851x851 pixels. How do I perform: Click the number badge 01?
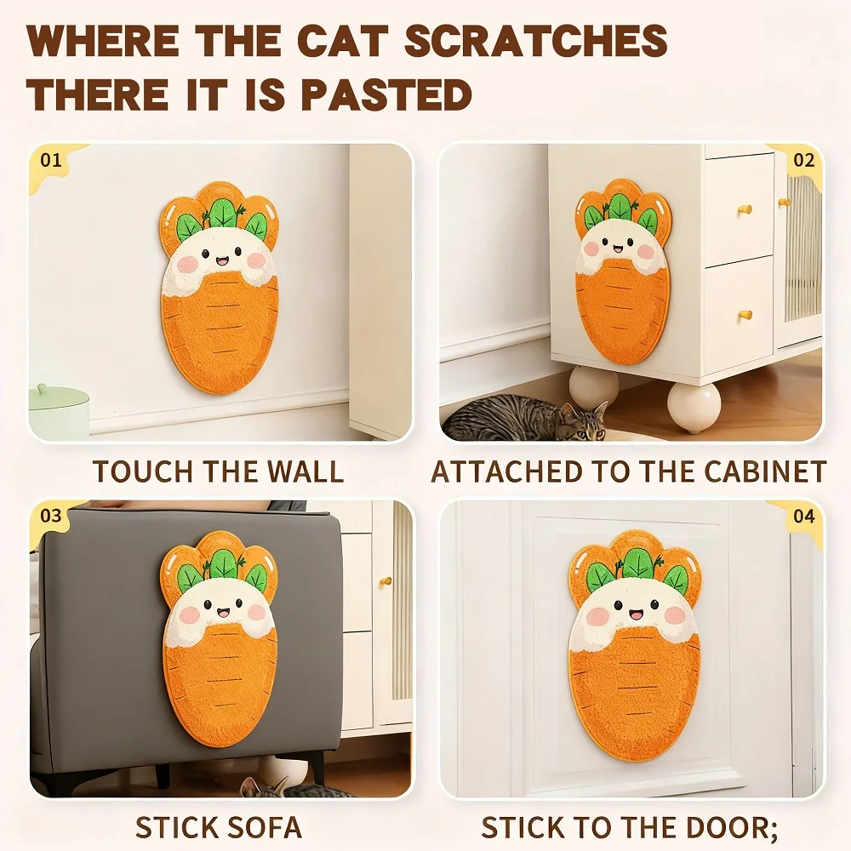(x=52, y=159)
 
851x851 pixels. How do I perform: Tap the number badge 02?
(x=803, y=160)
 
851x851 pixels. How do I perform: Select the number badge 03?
(x=52, y=516)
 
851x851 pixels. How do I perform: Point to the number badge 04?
(x=803, y=516)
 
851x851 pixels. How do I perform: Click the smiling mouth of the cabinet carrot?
(x=620, y=252)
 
